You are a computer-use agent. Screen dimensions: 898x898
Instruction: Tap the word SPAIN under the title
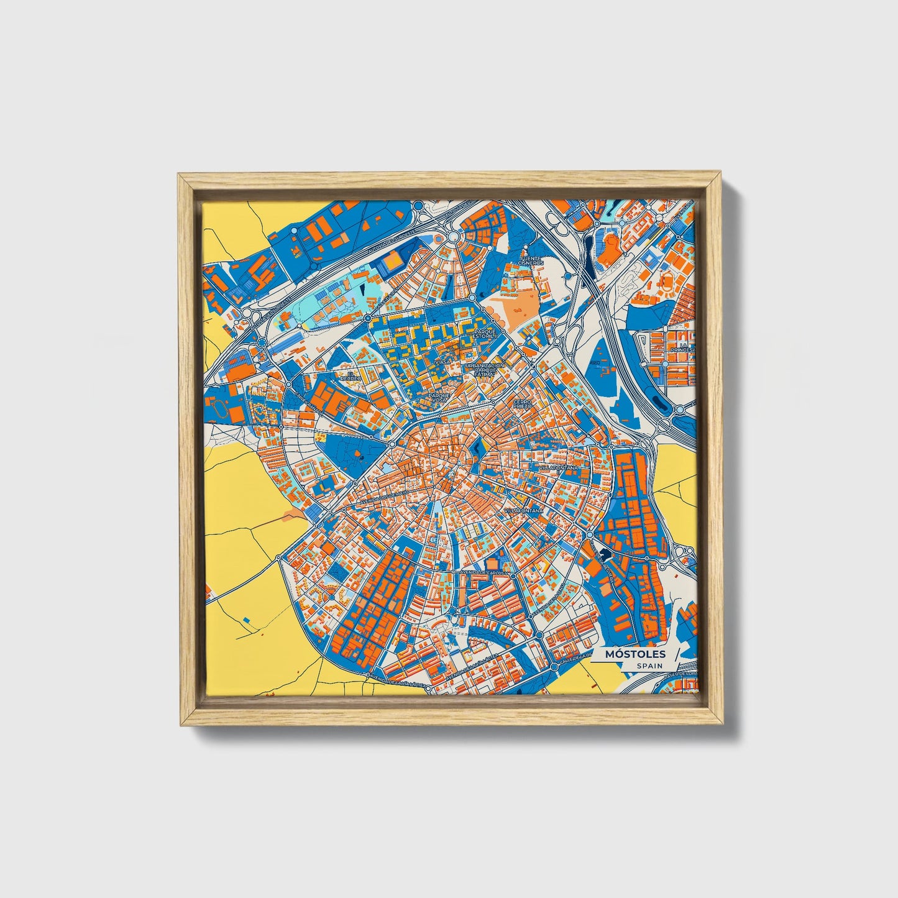coord(649,666)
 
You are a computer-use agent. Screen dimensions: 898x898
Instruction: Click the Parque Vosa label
coord(439,397)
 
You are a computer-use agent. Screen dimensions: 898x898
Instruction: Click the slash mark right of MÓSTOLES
coord(677,655)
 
